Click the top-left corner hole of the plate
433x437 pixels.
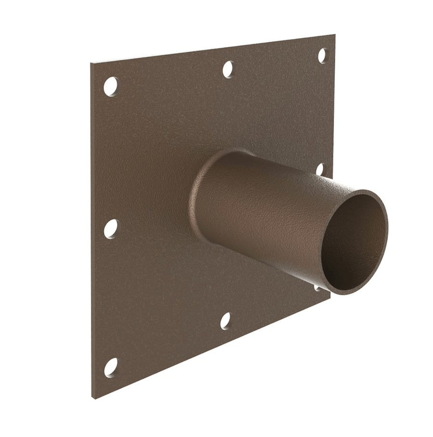(x=111, y=86)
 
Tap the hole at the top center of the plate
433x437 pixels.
(x=228, y=69)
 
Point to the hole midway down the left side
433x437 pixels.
(x=111, y=229)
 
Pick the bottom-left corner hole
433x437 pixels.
(x=111, y=367)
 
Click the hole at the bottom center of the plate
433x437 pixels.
(x=225, y=321)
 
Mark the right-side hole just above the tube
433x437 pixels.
(x=319, y=169)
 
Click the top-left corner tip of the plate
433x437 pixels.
(x=91, y=63)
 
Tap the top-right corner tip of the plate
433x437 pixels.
(x=334, y=35)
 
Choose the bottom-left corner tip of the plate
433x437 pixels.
(x=92, y=398)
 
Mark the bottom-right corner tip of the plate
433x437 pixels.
(x=330, y=296)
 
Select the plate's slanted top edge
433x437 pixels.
(x=212, y=49)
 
